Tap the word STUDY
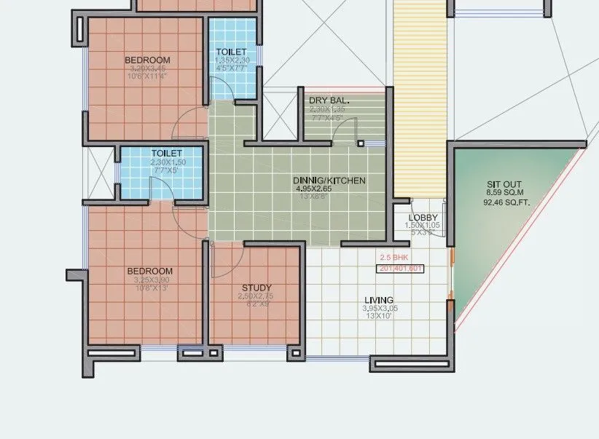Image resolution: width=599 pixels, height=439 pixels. point(257,288)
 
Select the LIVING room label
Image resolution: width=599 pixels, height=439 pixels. point(379,300)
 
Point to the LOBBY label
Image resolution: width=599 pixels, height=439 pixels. point(423,218)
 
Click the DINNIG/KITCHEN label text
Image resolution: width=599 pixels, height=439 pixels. point(329,180)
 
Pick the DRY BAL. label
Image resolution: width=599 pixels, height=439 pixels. point(329,100)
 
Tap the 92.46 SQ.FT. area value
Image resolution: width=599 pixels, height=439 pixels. point(506,205)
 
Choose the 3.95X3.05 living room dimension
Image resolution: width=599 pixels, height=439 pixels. point(380,309)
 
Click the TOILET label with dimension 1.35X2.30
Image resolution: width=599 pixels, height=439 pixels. point(232,52)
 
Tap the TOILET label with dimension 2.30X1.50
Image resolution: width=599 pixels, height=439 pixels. point(166,154)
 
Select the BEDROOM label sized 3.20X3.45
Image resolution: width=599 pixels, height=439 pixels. point(147,60)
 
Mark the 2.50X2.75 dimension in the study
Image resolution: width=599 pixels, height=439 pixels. point(257,296)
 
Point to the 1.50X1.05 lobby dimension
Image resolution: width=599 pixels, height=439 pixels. point(422,226)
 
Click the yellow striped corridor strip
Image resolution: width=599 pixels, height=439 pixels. point(420,95)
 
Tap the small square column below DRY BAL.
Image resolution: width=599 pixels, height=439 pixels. point(360,144)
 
